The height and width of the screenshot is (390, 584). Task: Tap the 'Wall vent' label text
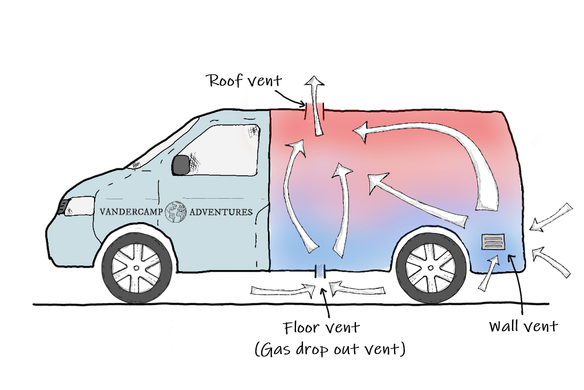click(523, 326)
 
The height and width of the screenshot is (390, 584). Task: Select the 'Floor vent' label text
click(321, 328)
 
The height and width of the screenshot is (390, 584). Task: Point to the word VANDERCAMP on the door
click(131, 211)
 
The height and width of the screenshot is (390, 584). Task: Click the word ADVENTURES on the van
click(220, 211)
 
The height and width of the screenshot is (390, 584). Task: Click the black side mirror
click(181, 164)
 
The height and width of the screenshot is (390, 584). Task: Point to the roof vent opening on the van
click(315, 108)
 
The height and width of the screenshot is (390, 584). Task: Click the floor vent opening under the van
click(320, 271)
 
